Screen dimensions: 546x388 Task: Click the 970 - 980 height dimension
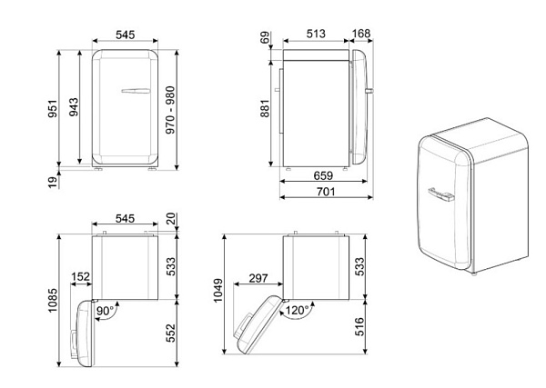pyautogui.click(x=170, y=110)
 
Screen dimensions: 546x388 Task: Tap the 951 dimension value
pyautogui.click(x=53, y=108)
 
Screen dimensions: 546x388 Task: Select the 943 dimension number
pyautogui.click(x=74, y=107)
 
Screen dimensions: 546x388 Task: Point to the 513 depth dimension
pyautogui.click(x=316, y=34)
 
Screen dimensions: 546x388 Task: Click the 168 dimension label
pyautogui.click(x=360, y=34)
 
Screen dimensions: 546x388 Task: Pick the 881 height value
pyautogui.click(x=265, y=108)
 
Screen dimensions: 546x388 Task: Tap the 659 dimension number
pyautogui.click(x=323, y=175)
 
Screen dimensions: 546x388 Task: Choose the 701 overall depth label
pyautogui.click(x=326, y=192)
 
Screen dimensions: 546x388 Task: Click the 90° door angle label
pyautogui.click(x=106, y=311)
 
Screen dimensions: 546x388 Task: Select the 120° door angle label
pyautogui.click(x=297, y=310)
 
